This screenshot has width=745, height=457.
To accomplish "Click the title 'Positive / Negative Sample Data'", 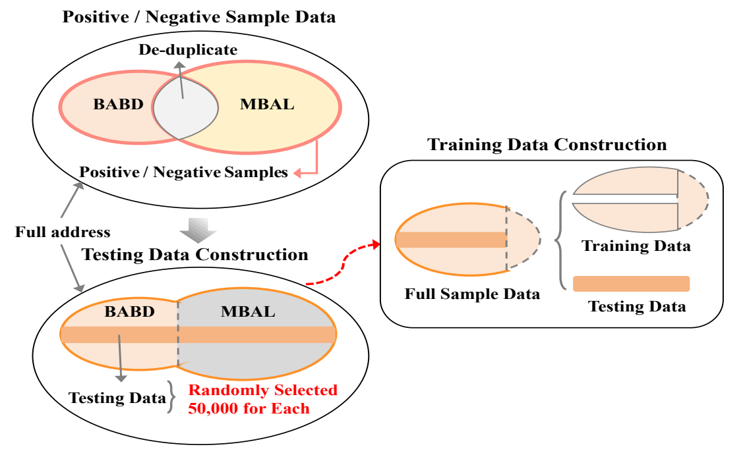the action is pos(199,17).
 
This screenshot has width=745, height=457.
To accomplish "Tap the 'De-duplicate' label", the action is pos(188,49).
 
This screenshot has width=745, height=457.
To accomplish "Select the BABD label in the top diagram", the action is pos(118,104).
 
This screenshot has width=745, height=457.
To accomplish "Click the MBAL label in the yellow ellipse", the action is pos(267,104).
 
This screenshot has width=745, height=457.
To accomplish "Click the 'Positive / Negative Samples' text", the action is pos(183,172).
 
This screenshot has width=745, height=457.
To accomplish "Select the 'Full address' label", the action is pos(63,232).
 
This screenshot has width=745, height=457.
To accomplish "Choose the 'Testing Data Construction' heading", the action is pos(195,254).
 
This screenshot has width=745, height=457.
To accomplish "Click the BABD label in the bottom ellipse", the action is pos(130,311).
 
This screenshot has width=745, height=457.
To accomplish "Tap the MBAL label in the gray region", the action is pos(248,311).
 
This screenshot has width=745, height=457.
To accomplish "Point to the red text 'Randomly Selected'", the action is pos(263,390).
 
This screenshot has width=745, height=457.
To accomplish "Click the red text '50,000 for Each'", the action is pos(249,408).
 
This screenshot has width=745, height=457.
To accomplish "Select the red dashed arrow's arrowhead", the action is pos(376,244).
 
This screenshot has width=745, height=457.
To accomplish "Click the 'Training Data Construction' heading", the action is pos(547,144).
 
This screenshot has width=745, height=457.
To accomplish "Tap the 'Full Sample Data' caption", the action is pos(472,294).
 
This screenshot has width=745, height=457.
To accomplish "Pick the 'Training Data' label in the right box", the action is pos(636,246).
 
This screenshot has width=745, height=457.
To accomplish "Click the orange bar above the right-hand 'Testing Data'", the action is pos(632,284).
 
